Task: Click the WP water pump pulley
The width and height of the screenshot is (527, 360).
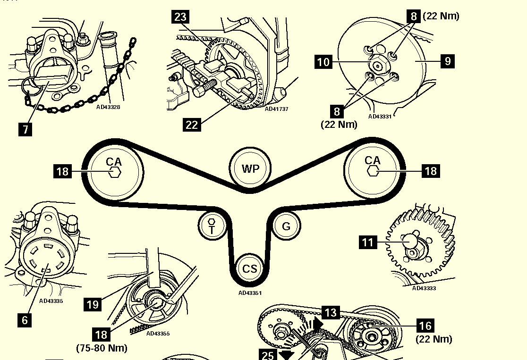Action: [x=250, y=167]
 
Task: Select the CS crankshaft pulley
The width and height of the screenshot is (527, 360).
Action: [x=249, y=268]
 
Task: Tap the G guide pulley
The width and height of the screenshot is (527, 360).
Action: [x=286, y=226]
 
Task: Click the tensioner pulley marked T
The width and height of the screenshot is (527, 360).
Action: [x=212, y=226]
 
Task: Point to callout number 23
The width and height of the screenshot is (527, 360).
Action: [x=180, y=17]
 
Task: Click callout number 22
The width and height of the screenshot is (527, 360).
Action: [x=192, y=125]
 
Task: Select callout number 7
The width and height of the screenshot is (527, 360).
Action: [x=25, y=129]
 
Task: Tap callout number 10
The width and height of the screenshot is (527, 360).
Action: [x=323, y=62]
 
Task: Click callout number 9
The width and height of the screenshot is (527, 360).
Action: [x=447, y=61]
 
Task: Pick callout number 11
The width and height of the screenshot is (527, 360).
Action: [x=368, y=242]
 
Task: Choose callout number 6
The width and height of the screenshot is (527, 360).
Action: [x=25, y=320]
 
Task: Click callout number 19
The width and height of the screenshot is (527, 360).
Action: [x=93, y=304]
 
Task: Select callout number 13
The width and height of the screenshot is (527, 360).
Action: [x=331, y=313]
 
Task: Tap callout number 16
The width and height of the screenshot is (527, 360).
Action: [x=425, y=326]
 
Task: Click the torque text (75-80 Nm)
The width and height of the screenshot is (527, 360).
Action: [x=102, y=348]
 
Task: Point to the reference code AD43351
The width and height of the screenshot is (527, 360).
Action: [x=250, y=293]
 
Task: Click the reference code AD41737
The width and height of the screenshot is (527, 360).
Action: [x=276, y=109]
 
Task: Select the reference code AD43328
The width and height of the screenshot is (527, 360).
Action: [x=108, y=107]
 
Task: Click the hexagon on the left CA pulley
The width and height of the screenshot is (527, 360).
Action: [x=114, y=172]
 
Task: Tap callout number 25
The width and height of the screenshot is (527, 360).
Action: [x=268, y=355]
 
